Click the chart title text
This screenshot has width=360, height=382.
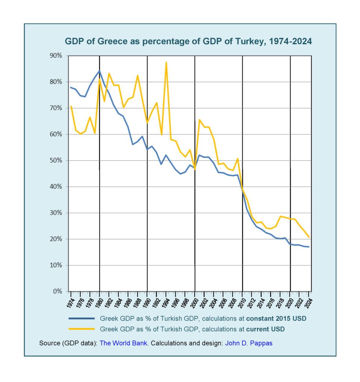[x=188, y=41]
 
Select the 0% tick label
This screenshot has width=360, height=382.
[x=60, y=291]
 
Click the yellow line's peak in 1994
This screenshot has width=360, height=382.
[x=166, y=62]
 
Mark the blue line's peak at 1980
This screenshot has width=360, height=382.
[x=99, y=71]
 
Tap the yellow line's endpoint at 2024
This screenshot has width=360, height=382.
[x=309, y=237]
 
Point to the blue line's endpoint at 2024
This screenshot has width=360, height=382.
[x=309, y=247]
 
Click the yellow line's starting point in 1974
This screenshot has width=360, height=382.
[x=71, y=106]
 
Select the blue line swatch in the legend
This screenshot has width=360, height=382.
[x=81, y=319]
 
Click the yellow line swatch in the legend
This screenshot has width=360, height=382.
[x=81, y=329]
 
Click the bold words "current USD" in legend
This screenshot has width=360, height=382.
[x=265, y=329]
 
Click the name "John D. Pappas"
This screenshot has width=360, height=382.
[x=249, y=343]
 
